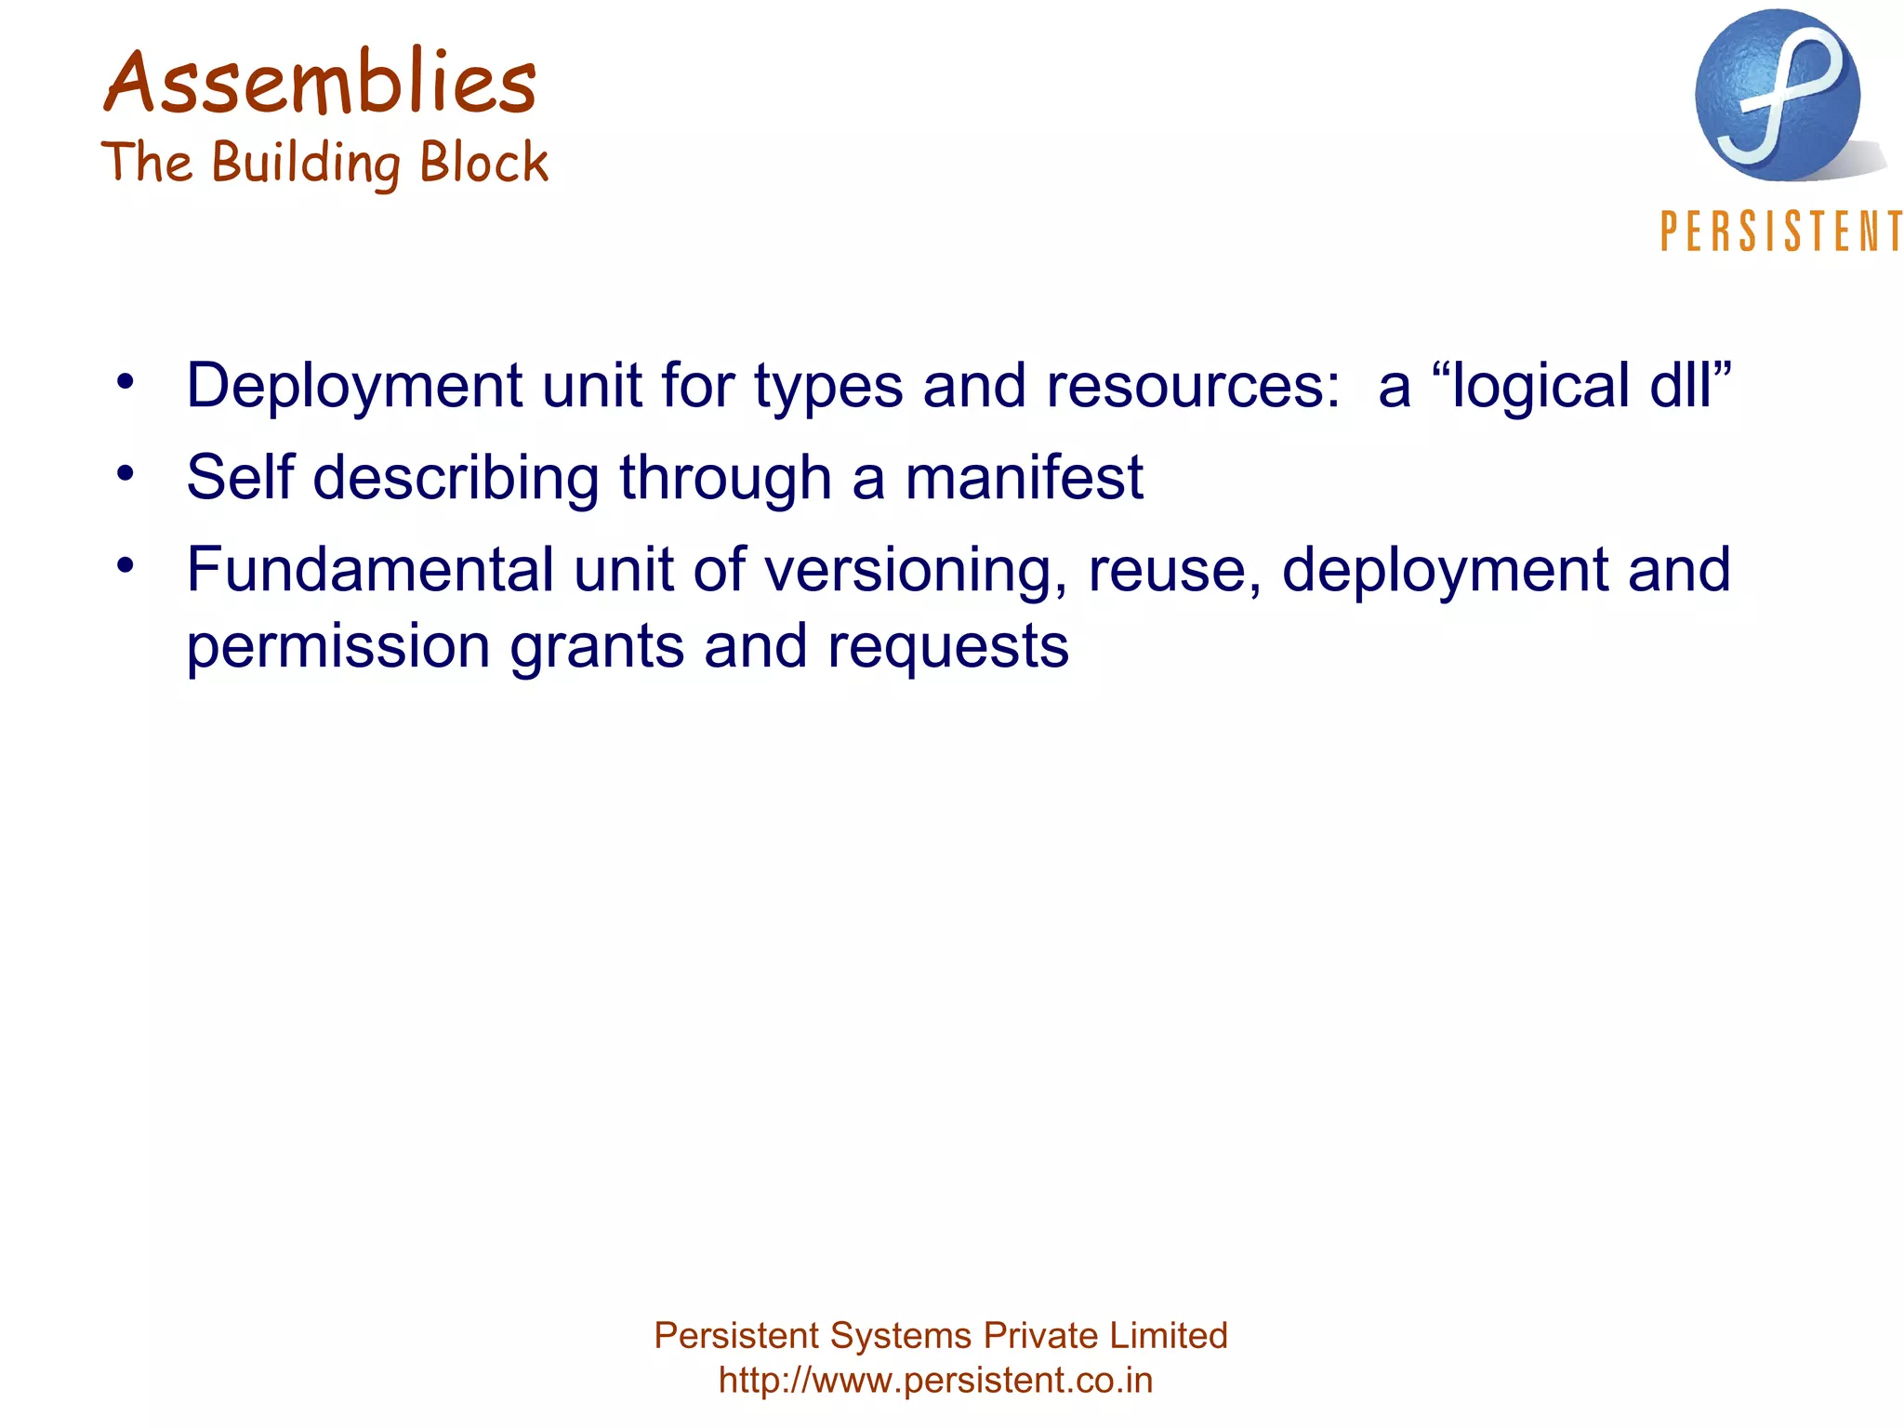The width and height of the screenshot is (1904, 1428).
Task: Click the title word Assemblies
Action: tap(320, 84)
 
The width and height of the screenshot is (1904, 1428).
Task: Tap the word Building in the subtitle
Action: tap(307, 164)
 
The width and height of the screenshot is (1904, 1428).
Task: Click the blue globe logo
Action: tap(1777, 96)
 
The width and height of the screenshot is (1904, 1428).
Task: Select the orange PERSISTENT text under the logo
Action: tap(1780, 231)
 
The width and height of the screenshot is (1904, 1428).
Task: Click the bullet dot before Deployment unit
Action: tap(126, 381)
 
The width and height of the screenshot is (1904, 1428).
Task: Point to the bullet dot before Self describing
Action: tap(126, 473)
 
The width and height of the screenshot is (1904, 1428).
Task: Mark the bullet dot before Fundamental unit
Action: tap(126, 565)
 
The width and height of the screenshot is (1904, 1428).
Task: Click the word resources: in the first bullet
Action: tap(1193, 386)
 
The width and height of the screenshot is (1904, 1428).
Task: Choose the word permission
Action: tap(337, 647)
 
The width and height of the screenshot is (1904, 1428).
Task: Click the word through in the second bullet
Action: tap(725, 478)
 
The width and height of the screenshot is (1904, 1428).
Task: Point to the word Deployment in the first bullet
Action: tap(354, 386)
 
